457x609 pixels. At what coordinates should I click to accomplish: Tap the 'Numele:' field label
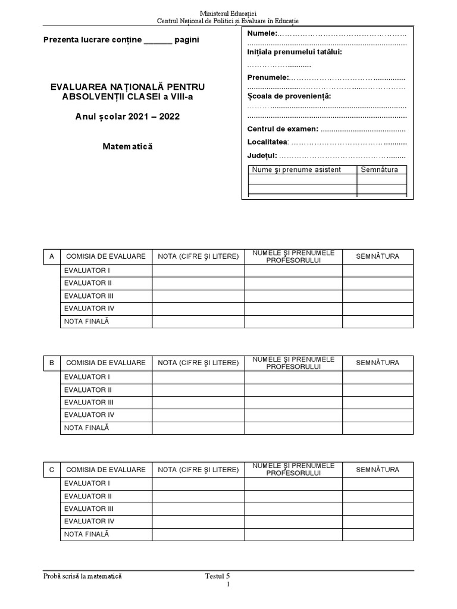(x=262, y=33)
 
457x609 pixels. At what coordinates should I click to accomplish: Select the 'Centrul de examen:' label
(x=283, y=128)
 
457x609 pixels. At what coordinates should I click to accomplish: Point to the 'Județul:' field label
(x=262, y=155)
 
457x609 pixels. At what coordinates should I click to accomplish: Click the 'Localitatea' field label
(x=267, y=142)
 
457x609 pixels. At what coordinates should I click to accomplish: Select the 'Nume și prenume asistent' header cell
(x=296, y=169)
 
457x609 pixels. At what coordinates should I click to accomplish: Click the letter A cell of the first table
(x=52, y=256)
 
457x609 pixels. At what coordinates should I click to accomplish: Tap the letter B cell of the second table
(x=52, y=363)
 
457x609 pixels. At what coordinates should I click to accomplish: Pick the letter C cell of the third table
(x=52, y=469)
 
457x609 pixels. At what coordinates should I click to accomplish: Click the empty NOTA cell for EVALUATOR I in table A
(x=198, y=271)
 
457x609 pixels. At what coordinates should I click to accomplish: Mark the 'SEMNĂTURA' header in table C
(x=377, y=469)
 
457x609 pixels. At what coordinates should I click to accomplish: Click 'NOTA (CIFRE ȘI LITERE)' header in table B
(x=198, y=363)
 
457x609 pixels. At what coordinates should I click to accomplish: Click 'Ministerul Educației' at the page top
(x=228, y=13)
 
